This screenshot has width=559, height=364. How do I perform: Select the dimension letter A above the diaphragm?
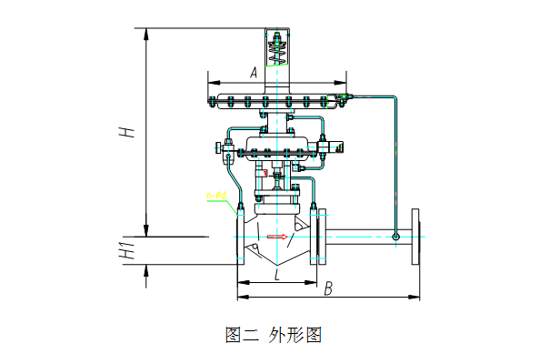point(254,71)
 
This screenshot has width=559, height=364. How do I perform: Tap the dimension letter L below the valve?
point(276,274)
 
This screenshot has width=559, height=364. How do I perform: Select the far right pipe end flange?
point(418,237)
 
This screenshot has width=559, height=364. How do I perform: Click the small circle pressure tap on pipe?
point(396,237)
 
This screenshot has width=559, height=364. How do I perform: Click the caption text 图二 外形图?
point(274,335)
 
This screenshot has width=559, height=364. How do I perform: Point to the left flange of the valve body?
point(241,237)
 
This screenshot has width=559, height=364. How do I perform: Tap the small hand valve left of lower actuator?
point(218,147)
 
